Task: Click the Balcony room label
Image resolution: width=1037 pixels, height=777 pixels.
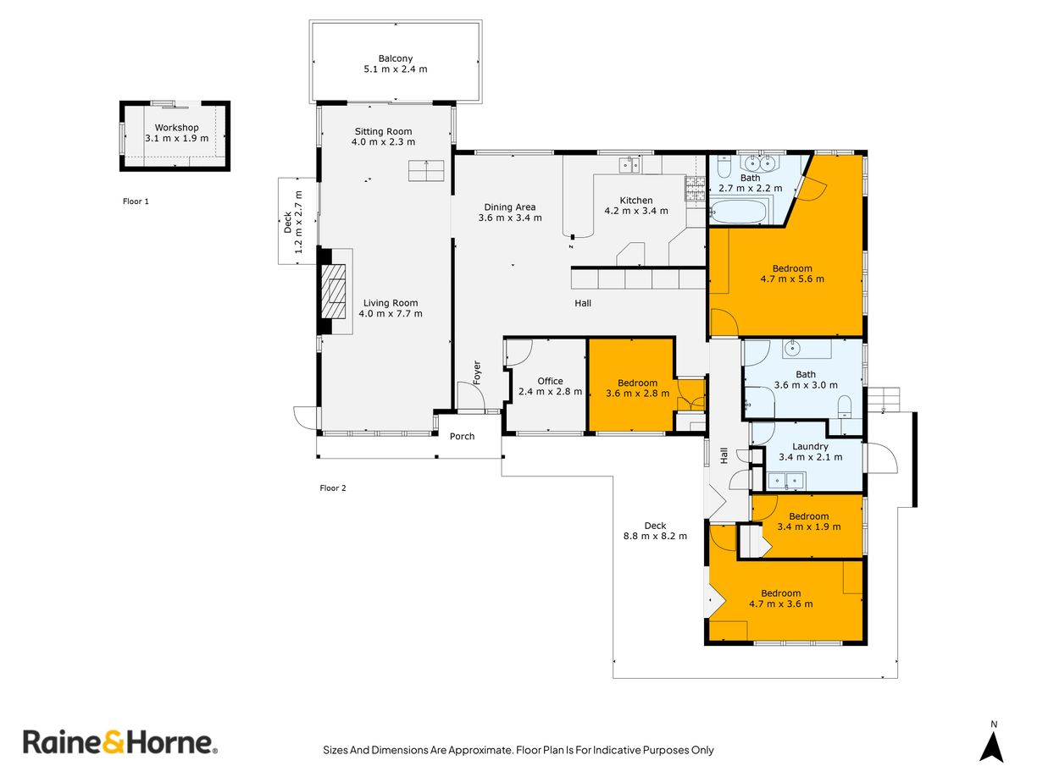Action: pos(395,58)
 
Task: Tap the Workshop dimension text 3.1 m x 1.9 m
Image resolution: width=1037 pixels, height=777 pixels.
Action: pos(177,138)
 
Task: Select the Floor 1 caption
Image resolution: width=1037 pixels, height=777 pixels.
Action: pos(136,201)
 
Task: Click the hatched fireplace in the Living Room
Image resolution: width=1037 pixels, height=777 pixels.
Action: pos(334,292)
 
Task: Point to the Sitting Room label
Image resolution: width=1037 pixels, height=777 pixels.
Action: pos(383,131)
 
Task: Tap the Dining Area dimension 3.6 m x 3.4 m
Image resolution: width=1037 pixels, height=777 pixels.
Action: pos(510,218)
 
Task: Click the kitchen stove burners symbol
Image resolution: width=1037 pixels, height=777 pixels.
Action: pos(695,188)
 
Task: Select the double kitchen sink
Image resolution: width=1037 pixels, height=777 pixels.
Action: pos(629,165)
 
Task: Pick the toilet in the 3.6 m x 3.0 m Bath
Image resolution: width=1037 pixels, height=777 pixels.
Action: pos(844,406)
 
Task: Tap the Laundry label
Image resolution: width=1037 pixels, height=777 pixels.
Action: pos(810,446)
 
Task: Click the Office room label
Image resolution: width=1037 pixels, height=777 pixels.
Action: pos(550,381)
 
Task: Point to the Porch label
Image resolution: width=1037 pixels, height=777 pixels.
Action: pos(462,437)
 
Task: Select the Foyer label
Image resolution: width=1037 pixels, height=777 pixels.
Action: pos(477,372)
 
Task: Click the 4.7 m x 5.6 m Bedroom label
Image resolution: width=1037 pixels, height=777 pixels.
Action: pos(792,268)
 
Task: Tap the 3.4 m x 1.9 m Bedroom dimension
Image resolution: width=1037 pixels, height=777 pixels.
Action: pos(809,527)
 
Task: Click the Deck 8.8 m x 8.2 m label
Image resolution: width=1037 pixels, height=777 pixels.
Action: pos(655,531)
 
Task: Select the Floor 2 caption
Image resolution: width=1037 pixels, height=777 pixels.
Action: pos(333,488)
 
